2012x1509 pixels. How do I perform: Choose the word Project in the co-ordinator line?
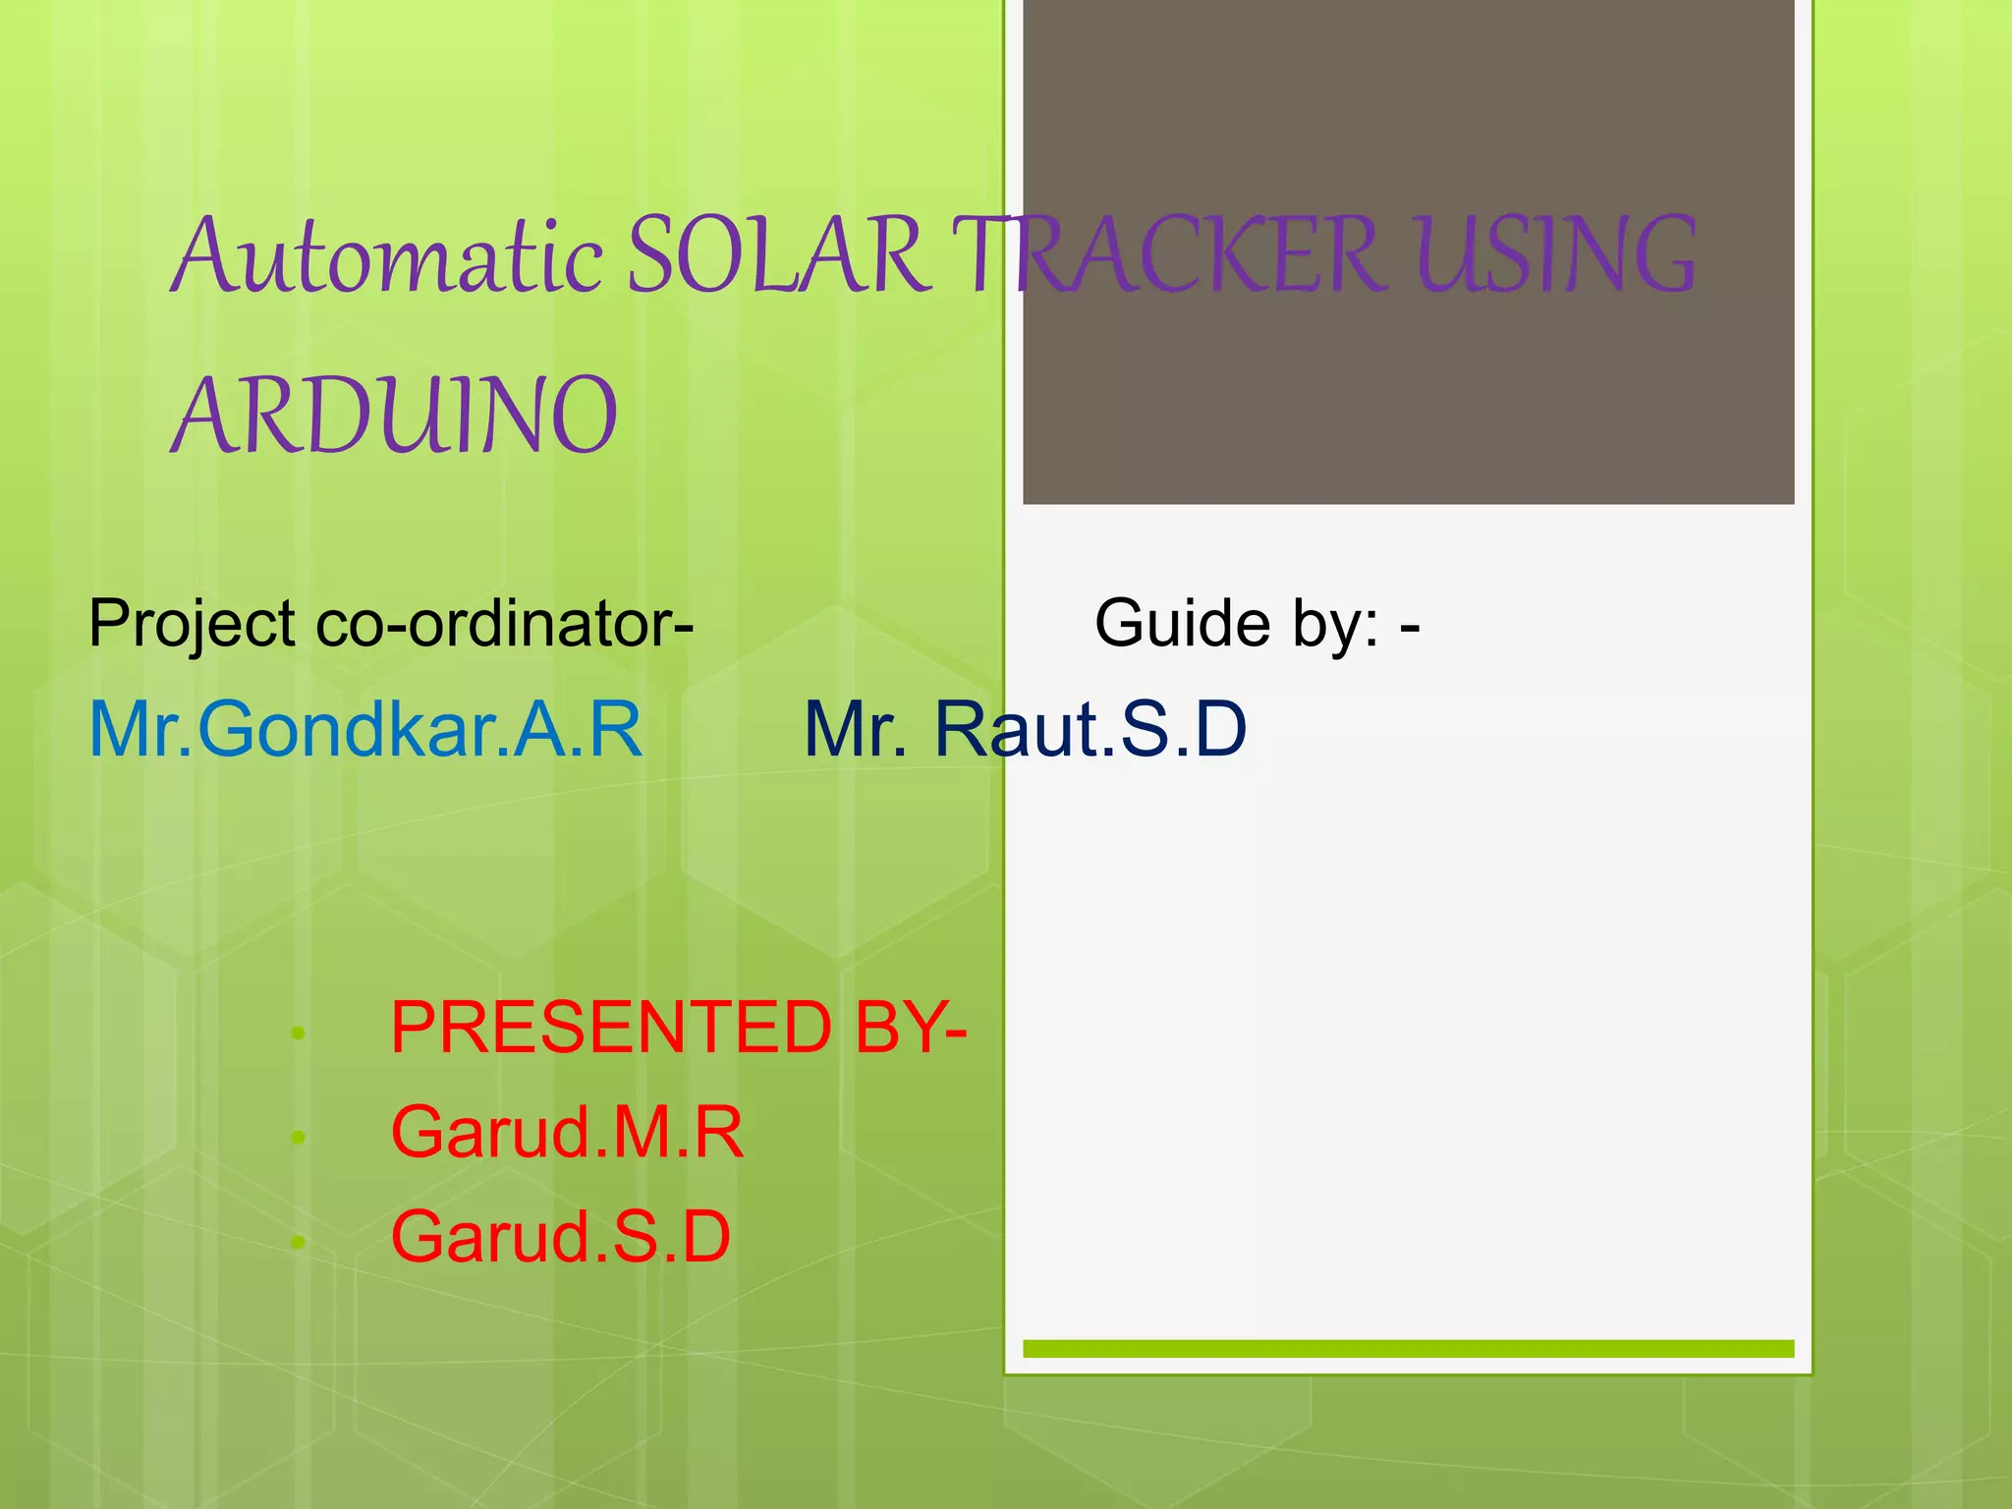[192, 624]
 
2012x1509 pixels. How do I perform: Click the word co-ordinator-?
[505, 624]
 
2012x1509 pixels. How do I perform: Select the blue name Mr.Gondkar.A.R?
[365, 729]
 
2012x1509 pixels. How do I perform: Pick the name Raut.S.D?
[1090, 729]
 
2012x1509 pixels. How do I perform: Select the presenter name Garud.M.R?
[567, 1133]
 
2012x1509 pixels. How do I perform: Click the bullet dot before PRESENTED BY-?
[299, 1034]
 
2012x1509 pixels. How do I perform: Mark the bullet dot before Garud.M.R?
[299, 1138]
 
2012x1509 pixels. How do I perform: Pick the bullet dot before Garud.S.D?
[299, 1243]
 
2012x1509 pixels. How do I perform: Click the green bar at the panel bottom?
[1408, 1349]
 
